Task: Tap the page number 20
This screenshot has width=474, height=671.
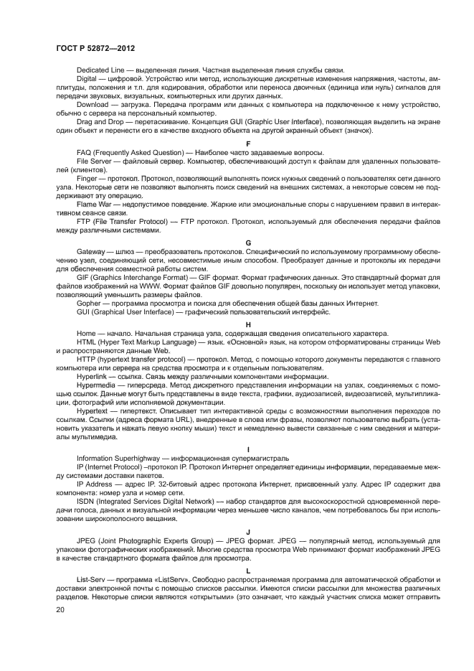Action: (60, 609)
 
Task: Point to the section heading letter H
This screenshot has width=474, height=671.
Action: (248, 324)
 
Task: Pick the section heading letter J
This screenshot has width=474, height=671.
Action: (248, 531)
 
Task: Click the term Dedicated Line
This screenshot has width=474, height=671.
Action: (100, 70)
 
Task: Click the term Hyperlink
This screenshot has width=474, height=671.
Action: (93, 377)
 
